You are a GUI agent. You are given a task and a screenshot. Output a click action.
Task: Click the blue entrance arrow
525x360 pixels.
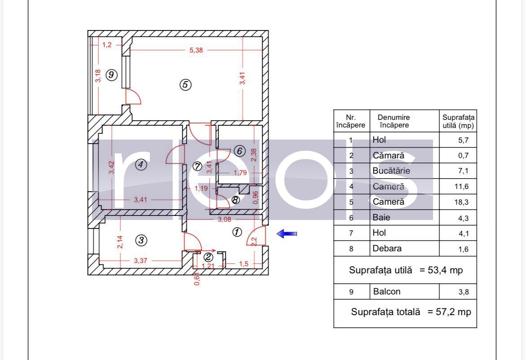(x=287, y=234)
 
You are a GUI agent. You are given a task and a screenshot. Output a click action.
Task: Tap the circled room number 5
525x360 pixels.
(x=185, y=84)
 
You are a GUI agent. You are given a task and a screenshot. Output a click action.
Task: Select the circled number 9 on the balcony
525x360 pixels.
(x=111, y=75)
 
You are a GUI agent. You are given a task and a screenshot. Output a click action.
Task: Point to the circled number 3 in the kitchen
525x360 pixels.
(x=141, y=240)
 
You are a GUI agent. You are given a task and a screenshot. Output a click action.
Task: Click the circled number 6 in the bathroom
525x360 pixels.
(x=240, y=151)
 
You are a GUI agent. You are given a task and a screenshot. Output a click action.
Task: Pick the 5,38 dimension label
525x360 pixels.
(x=196, y=50)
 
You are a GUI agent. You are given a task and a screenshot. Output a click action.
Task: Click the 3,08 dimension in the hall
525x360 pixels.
(x=224, y=220)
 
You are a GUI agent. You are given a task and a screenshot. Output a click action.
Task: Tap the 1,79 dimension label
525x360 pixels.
(x=240, y=172)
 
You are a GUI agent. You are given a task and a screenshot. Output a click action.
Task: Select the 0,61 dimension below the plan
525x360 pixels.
(x=197, y=279)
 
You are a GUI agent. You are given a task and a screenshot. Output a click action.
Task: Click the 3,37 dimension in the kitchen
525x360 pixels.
(x=140, y=260)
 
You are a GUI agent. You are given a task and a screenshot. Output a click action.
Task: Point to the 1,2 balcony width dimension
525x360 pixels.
(x=107, y=44)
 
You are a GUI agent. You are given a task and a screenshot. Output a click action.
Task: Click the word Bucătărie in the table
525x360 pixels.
(x=391, y=171)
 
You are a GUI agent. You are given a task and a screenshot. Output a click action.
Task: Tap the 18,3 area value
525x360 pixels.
(x=461, y=202)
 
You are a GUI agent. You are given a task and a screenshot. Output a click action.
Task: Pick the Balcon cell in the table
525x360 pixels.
(x=387, y=292)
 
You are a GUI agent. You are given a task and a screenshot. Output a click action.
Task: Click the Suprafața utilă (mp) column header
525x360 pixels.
(x=459, y=121)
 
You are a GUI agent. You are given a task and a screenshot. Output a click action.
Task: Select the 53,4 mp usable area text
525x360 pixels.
(x=445, y=270)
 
